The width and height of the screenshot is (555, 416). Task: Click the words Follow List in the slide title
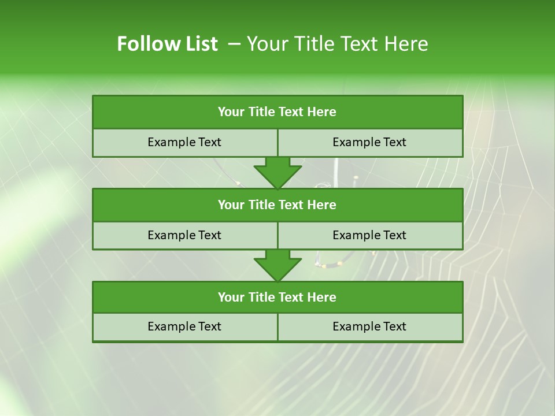(167, 44)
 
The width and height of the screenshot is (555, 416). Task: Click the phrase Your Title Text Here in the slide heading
(337, 44)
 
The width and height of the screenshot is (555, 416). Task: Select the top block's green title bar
(277, 112)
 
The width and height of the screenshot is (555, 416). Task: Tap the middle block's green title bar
(277, 205)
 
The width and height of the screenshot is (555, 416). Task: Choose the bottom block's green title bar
(277, 297)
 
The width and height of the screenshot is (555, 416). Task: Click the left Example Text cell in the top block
(184, 142)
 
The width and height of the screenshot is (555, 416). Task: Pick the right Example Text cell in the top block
(369, 142)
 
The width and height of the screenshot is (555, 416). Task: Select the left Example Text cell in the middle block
(184, 235)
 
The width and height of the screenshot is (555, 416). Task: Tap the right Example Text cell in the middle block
(369, 235)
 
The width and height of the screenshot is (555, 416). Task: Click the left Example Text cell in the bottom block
(184, 326)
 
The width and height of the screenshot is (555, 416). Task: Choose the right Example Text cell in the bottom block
(369, 326)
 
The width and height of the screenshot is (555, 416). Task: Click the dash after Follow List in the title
(234, 44)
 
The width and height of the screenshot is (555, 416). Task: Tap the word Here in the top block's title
(322, 112)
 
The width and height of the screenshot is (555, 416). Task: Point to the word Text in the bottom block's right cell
(394, 326)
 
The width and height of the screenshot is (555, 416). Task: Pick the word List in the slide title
(199, 44)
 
